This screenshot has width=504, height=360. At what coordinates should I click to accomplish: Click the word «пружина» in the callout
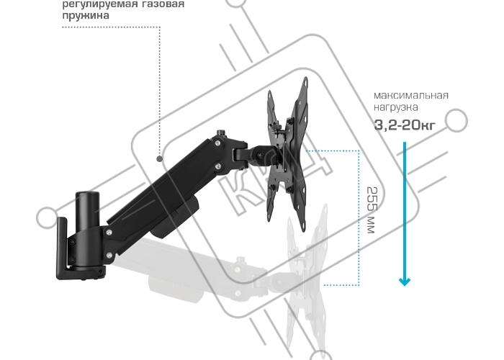pos(86,15)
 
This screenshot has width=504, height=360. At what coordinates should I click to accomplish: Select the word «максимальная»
pos(411,95)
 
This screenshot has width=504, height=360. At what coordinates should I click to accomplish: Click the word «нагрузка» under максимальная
pos(396,107)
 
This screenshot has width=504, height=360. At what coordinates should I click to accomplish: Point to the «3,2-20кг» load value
pos(405,125)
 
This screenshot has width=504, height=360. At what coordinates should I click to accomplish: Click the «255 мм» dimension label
pos(371,210)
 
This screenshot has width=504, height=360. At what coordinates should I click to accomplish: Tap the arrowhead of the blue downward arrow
pos(405,282)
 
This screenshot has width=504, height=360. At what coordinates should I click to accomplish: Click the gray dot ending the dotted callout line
pos(159,158)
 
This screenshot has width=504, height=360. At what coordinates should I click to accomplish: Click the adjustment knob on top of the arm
pos(220,132)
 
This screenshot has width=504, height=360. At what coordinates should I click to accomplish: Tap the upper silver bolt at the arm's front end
pos(218,143)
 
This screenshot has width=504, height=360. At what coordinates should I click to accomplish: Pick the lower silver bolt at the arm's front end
pos(219,166)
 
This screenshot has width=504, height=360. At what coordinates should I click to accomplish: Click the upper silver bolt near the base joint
pos(109,232)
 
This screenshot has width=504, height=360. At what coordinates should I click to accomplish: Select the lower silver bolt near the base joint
pos(109,256)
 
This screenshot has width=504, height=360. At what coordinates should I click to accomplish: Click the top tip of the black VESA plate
pos(305,78)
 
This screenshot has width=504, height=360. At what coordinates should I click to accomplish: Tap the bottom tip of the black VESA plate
pos(304,230)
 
